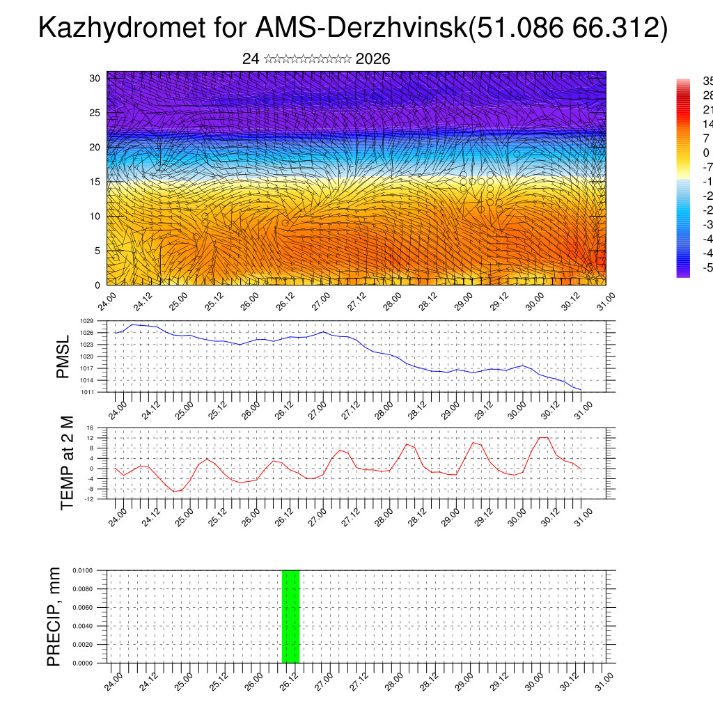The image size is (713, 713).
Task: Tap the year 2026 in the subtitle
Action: pyautogui.click(x=373, y=59)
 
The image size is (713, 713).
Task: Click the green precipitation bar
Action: pyautogui.click(x=290, y=616)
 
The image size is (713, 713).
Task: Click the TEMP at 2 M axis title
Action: pyautogui.click(x=67, y=464)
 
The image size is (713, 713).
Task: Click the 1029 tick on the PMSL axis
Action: pyautogui.click(x=87, y=321)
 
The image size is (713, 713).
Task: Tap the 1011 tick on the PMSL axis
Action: pyautogui.click(x=87, y=392)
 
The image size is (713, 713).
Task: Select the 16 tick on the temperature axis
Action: pyautogui.click(x=90, y=428)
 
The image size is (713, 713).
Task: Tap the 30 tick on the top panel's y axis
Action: pyautogui.click(x=95, y=78)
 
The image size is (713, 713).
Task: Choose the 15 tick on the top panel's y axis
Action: pyautogui.click(x=95, y=182)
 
